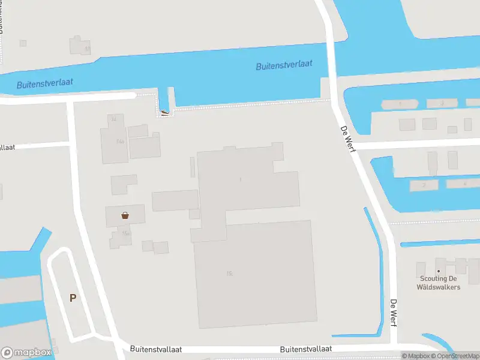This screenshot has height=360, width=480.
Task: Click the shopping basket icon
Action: coord(125,215)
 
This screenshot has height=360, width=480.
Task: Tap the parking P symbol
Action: coord(73,298)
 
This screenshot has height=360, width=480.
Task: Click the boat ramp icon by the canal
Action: coord(165,112)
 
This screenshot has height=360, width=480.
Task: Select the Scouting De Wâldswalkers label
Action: coord(438,283)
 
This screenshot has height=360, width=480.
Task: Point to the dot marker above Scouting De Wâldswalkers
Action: coord(439,271)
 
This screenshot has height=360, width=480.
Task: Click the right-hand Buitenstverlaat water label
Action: coord(284,65)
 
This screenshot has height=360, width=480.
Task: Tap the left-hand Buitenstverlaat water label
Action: coord(45,83)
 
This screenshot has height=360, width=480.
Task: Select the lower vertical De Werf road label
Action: coord(394,313)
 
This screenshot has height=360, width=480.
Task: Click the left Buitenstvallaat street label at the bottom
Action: coord(155,349)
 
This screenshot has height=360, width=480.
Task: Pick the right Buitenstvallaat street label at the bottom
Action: coord(306,349)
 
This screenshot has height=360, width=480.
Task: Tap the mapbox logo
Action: coord(26,352)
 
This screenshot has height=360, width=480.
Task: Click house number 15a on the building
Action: coord(125,233)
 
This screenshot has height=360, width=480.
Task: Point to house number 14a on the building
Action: coord(120,142)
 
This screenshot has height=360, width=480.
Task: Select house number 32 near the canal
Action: coord(113,119)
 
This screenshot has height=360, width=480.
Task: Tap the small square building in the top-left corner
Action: coord(23,43)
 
